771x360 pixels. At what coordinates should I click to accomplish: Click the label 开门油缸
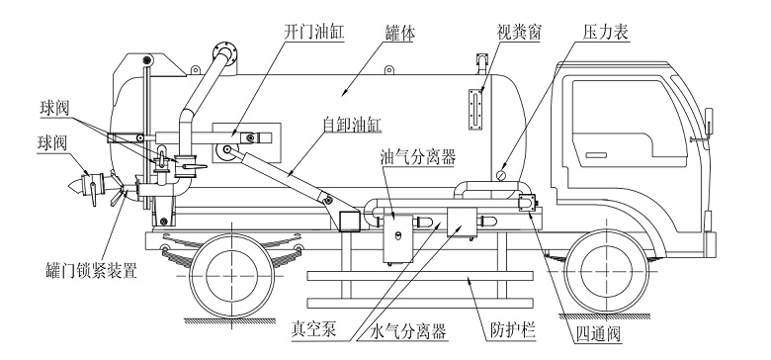pos(314,33)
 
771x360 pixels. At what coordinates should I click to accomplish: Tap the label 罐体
pos(400,34)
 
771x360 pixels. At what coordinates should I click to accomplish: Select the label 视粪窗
pos(519,33)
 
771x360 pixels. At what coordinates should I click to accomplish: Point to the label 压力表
pos(606,33)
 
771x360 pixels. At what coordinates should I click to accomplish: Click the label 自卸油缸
pos(352,125)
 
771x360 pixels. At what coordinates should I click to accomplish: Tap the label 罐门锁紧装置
pos(90,270)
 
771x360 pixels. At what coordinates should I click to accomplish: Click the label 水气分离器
pos(408,332)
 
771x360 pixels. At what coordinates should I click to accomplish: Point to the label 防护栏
pos(513,331)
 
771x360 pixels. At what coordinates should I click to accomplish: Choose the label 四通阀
pos(598,334)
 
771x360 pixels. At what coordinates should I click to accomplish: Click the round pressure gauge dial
pos(501,175)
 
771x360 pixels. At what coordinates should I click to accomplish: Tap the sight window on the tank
pos(476,109)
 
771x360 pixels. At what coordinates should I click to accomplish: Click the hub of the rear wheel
pos(231,274)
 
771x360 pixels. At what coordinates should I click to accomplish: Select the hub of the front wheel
pos(606,271)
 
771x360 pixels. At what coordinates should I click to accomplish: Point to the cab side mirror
pos(709,121)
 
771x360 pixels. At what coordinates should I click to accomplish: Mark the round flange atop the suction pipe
pos(224,52)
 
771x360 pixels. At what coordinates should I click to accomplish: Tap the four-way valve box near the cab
pos(527,203)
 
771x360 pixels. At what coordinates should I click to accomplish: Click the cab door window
pos(630,117)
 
